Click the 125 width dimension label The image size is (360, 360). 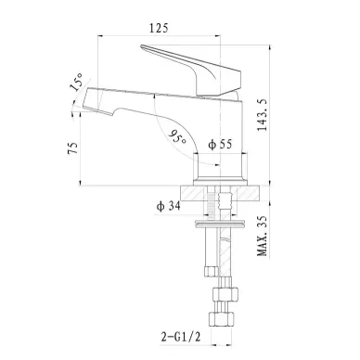(x=159, y=28)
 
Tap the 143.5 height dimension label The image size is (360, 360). (x=263, y=115)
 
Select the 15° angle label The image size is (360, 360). (x=76, y=82)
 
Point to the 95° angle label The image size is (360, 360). (x=178, y=138)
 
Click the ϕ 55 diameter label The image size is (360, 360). (x=220, y=144)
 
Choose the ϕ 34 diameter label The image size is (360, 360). (x=169, y=206)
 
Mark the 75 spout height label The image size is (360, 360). (x=73, y=148)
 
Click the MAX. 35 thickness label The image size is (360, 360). (x=263, y=236)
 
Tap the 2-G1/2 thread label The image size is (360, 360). (x=181, y=337)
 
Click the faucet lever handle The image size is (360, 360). (x=198, y=70)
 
